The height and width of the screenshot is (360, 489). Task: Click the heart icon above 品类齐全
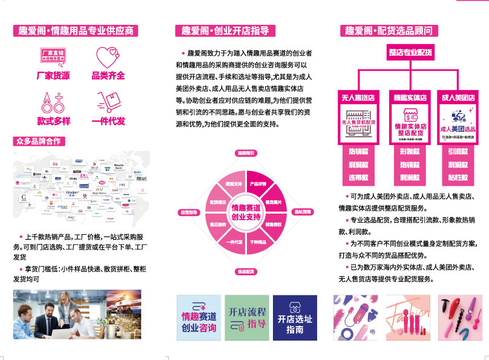tap(108, 57)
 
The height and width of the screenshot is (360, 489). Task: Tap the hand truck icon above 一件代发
tap(108, 102)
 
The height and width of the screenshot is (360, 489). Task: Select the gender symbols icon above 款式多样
tap(53, 102)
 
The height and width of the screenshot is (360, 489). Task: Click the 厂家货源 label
tap(53, 76)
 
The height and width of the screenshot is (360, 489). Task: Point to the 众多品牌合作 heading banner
tap(39, 142)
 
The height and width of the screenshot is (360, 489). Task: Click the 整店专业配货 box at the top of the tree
tap(410, 53)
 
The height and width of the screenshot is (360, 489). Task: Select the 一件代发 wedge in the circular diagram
tap(235, 241)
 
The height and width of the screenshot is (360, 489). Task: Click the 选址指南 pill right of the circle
tap(303, 212)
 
